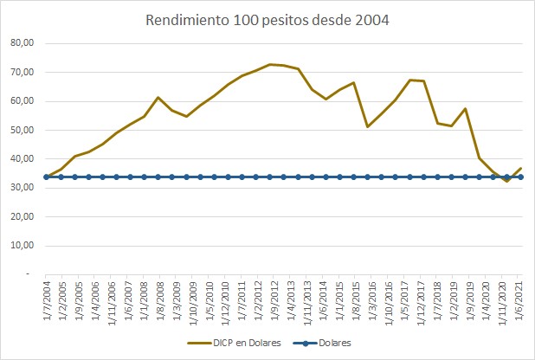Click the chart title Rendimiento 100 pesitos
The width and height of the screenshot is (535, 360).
(x=267, y=20)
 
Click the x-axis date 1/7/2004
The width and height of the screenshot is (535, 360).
(x=47, y=299)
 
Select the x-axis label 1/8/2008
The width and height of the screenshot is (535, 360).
(x=159, y=299)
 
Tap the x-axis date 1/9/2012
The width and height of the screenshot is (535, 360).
(x=271, y=299)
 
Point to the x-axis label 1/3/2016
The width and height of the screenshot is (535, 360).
(x=368, y=299)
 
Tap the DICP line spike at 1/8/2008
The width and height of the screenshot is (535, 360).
(x=158, y=97)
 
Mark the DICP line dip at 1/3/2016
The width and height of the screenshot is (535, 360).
(x=368, y=126)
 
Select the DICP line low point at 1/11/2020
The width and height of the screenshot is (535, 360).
(x=506, y=181)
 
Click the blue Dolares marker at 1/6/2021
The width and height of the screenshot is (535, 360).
(x=520, y=177)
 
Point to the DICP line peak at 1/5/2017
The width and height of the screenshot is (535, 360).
(x=409, y=80)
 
